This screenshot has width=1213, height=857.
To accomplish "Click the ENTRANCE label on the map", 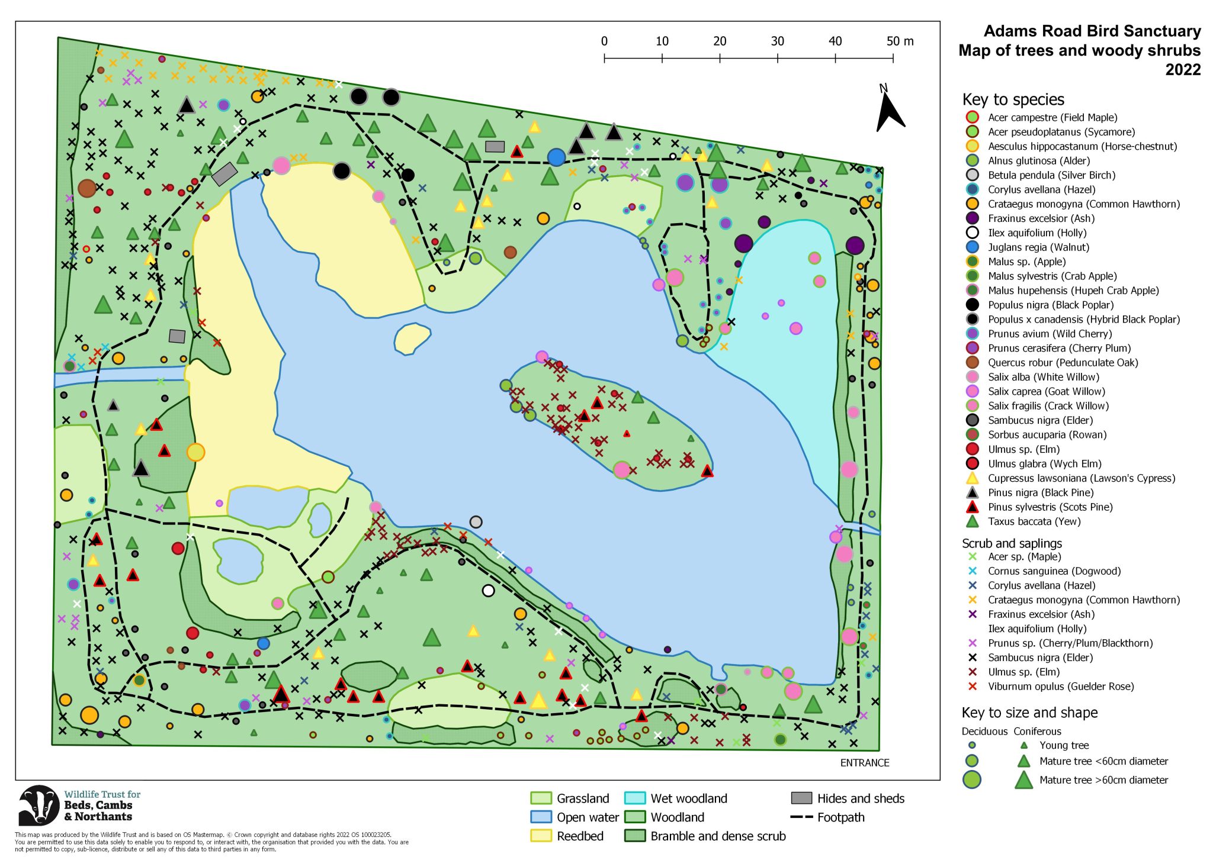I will coord(864,762).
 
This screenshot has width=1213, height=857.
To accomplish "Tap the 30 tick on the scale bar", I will coord(777,41).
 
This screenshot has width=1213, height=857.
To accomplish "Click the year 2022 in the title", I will coord(1182,70).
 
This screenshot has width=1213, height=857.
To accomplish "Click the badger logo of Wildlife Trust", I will coord(39,805).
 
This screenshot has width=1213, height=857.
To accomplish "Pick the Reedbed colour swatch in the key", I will coord(540,836).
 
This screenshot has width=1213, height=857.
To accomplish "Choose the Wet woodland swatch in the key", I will coord(634,798).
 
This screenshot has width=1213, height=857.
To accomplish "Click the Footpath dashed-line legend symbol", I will coord(801,817).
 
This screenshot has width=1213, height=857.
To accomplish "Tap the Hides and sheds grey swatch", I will coord(801,798).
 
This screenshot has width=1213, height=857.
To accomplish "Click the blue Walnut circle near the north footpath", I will coord(556,157).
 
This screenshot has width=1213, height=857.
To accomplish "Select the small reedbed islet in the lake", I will coord(412,338).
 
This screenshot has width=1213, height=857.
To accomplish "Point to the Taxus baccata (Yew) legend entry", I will coord(1034,521).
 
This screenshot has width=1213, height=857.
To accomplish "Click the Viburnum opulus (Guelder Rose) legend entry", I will coord(1060,687).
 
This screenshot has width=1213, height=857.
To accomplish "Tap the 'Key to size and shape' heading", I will coord(1029,713).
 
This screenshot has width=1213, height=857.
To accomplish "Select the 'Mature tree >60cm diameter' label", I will coord(1103,780).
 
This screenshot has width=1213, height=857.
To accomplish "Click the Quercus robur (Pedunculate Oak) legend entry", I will coord(1063,362).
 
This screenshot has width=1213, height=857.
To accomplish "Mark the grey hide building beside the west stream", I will coord(177,336).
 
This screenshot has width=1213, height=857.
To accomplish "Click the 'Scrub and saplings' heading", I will coord(1012,543).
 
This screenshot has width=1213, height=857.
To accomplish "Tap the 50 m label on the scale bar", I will coord(900,41).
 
